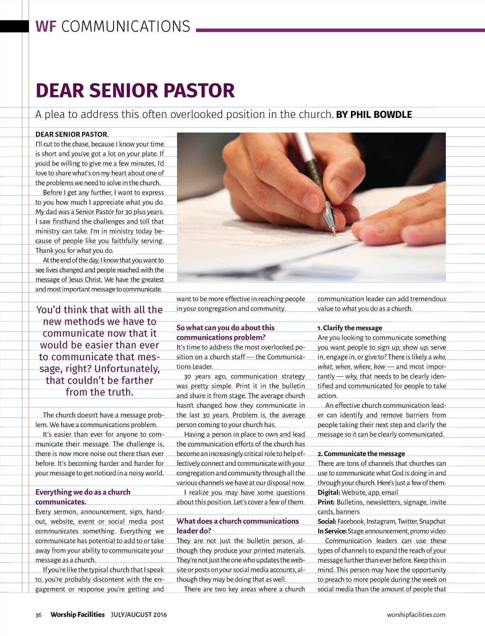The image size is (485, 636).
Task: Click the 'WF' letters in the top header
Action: (x=46, y=26)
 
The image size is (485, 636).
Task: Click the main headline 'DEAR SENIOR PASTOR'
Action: (x=135, y=90)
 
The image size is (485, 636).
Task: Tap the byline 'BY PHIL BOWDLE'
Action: (x=374, y=115)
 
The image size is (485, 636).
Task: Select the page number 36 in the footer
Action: (x=38, y=615)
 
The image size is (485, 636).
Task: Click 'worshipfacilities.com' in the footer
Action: (x=416, y=615)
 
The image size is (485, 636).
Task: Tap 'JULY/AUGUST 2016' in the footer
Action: (x=139, y=615)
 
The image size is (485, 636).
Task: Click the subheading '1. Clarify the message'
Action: (x=350, y=328)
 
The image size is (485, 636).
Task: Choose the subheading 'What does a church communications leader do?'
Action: (x=237, y=526)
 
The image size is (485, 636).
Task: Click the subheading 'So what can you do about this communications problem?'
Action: (x=225, y=332)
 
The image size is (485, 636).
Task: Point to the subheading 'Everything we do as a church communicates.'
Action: (x=82, y=497)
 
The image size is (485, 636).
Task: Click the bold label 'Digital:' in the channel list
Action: (x=329, y=493)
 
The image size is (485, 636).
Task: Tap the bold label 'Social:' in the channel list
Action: (x=327, y=521)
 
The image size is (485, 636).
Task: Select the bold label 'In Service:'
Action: (x=332, y=531)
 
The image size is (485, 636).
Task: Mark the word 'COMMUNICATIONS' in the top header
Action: (x=126, y=26)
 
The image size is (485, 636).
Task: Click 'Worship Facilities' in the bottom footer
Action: (x=78, y=615)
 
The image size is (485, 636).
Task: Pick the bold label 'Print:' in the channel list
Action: (x=326, y=502)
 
